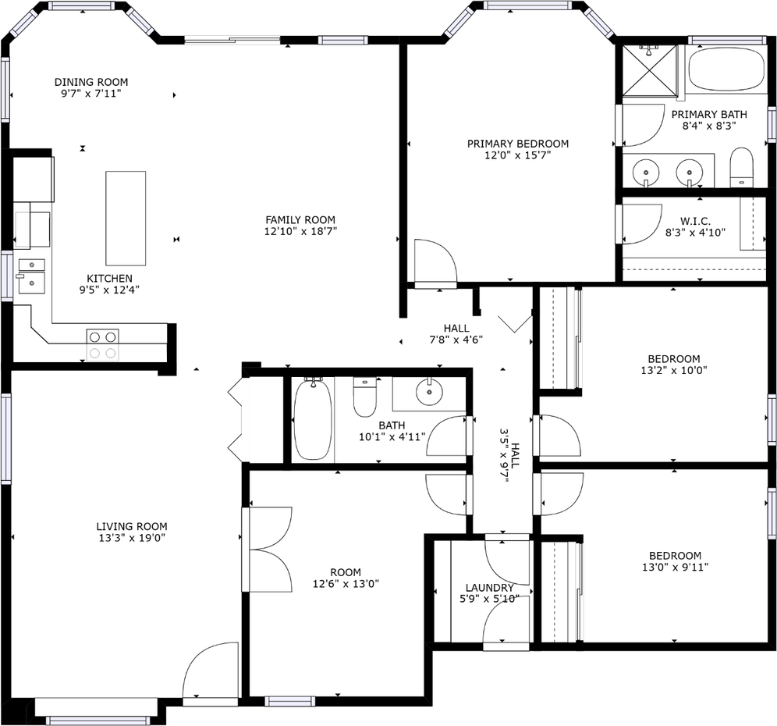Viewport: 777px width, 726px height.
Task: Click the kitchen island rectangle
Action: click(126, 218)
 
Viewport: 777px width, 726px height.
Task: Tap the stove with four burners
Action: click(102, 344)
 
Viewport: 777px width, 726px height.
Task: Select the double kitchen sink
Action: click(32, 273)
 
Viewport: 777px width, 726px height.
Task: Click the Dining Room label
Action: click(91, 82)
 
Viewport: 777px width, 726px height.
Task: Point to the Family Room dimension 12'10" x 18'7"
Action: click(300, 231)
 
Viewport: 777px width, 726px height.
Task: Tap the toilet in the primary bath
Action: click(742, 169)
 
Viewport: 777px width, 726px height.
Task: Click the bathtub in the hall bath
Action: click(313, 419)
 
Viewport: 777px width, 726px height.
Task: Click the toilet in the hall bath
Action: click(365, 397)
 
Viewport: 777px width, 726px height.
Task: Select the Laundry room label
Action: click(489, 588)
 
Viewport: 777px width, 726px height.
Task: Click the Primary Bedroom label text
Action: click(517, 144)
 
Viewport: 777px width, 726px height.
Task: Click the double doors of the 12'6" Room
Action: click(268, 549)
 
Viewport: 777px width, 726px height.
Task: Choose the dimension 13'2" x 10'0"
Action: click(673, 371)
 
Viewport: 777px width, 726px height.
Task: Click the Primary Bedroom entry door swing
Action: click(435, 264)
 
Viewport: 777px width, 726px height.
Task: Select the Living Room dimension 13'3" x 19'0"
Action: click(131, 538)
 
